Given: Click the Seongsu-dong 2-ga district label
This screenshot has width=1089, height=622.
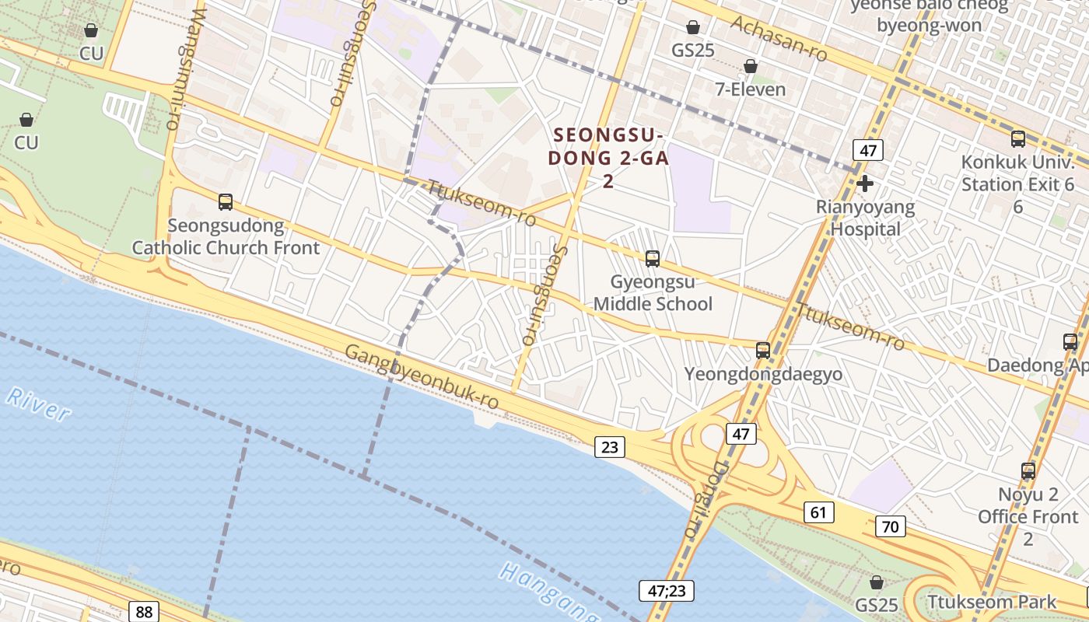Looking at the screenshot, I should (608, 158).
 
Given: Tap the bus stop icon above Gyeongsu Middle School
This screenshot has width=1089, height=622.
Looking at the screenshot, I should (653, 258).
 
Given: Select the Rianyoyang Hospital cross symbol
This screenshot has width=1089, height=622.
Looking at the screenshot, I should (864, 183).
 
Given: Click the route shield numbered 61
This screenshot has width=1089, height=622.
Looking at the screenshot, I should (818, 512).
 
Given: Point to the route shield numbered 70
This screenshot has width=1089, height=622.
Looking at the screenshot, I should (890, 526).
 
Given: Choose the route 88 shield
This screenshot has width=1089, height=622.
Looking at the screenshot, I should (143, 611).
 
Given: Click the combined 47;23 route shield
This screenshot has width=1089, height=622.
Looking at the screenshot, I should (666, 590).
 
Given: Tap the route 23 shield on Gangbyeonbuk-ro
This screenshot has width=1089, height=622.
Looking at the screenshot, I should (610, 446).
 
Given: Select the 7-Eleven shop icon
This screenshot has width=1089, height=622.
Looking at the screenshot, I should (751, 66).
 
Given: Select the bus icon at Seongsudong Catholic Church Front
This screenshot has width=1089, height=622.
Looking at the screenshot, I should (226, 202).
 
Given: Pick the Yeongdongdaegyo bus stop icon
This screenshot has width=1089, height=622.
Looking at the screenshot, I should (763, 350).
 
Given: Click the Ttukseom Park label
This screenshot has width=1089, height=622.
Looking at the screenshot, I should (992, 602).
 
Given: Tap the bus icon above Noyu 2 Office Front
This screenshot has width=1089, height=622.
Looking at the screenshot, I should (1028, 470).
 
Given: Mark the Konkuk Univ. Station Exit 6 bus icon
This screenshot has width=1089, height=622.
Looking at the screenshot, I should (1017, 139).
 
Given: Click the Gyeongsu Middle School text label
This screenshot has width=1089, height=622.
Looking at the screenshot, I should (653, 292).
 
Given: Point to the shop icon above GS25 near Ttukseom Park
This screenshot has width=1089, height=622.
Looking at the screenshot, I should (877, 582).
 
